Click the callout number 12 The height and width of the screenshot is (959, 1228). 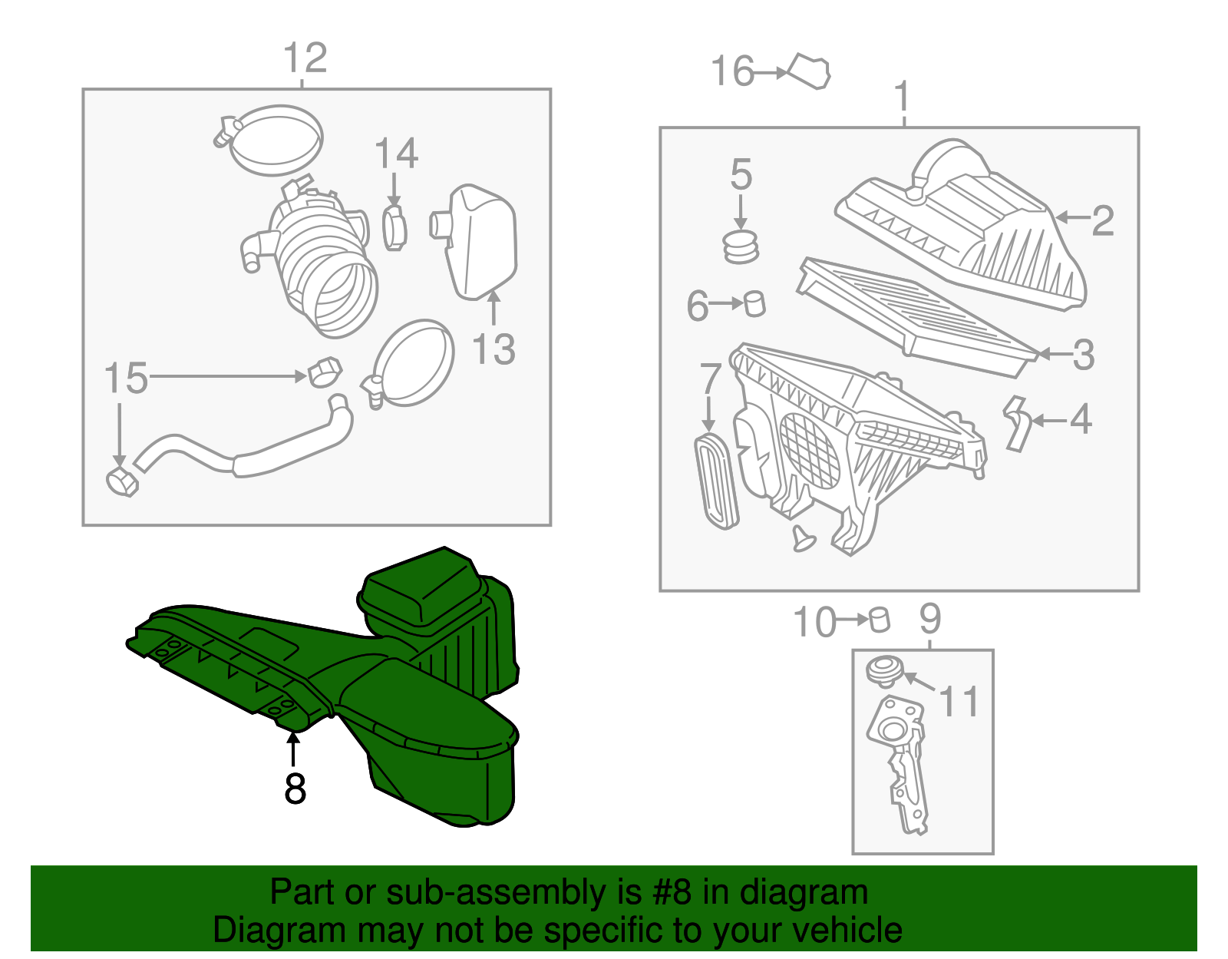coord(305,58)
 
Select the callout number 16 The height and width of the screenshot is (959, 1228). coord(732,71)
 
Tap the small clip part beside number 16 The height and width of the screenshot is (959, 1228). coord(810,71)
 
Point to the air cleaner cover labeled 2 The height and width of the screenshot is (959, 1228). coord(967,230)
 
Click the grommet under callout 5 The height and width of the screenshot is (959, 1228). coord(741,246)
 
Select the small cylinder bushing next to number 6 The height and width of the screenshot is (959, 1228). coord(755,303)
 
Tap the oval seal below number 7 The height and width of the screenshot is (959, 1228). coord(715,481)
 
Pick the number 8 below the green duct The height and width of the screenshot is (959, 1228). coord(295,789)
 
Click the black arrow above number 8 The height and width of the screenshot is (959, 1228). coord(292,749)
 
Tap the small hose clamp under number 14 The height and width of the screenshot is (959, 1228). coord(394,227)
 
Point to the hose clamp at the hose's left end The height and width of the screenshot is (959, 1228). coord(120,482)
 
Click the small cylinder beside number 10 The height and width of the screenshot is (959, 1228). coord(880,620)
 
